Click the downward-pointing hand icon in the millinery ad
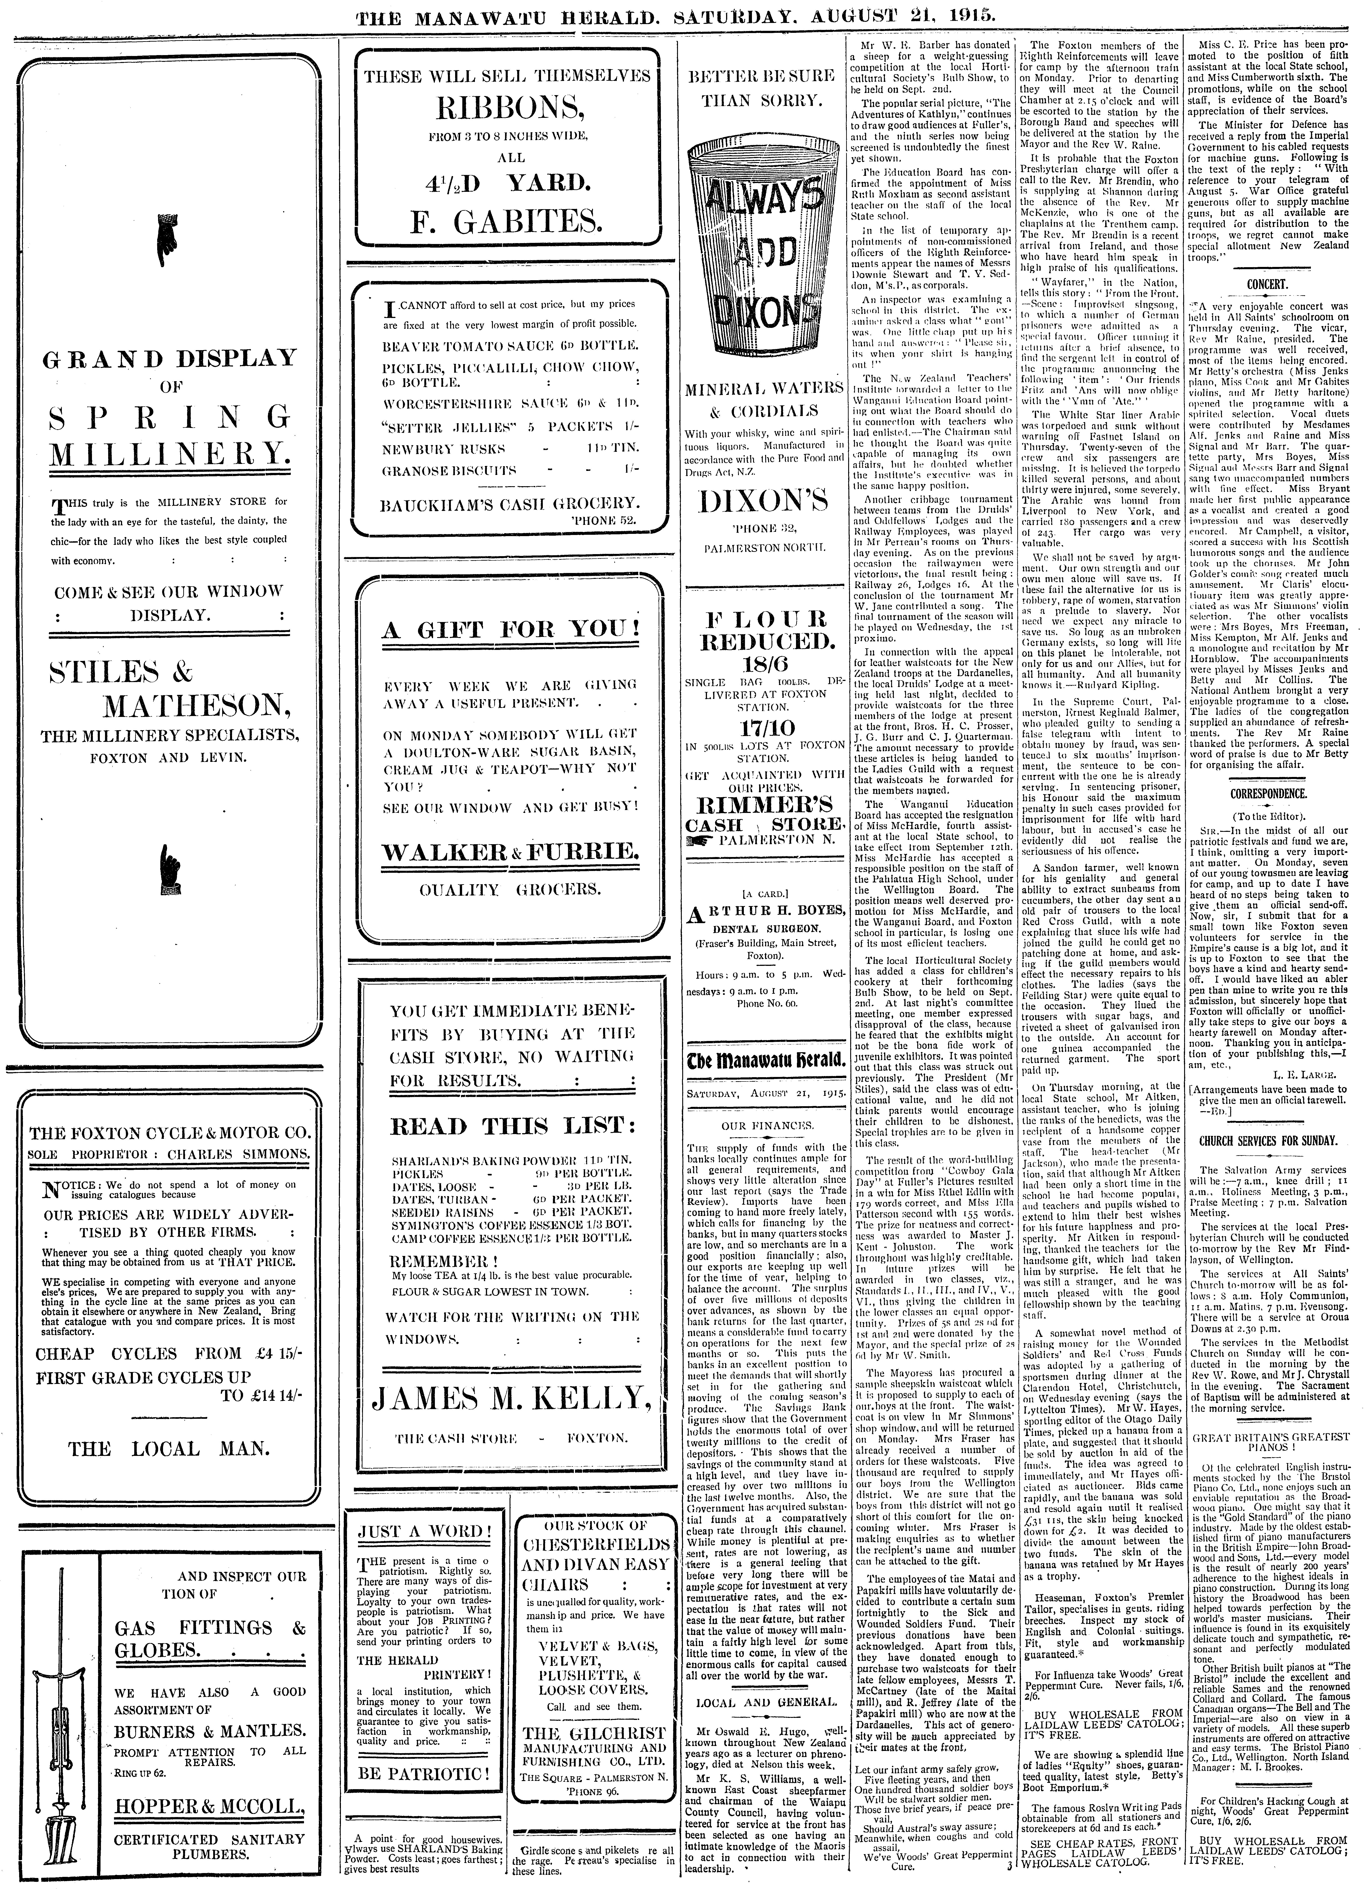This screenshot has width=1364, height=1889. pos(167,236)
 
